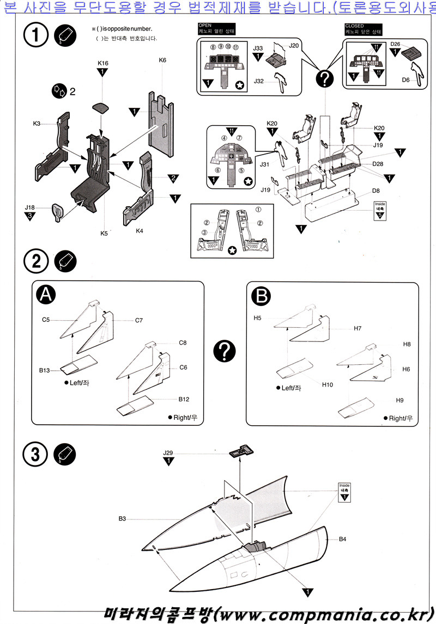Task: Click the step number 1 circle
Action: [36, 38]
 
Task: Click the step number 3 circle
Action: [36, 455]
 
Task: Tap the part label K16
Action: [102, 64]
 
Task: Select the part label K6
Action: [162, 60]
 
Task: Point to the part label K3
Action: [37, 124]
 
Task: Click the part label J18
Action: [30, 207]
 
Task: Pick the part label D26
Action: [396, 44]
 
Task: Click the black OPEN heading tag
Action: [205, 25]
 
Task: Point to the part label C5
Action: [46, 320]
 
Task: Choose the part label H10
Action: [327, 385]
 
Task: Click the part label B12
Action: [184, 399]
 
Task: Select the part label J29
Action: [168, 452]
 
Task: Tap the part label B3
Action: [123, 519]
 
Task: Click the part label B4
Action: [342, 539]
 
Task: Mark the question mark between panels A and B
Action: [224, 352]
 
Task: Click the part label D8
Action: [376, 191]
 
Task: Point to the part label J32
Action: [259, 81]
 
